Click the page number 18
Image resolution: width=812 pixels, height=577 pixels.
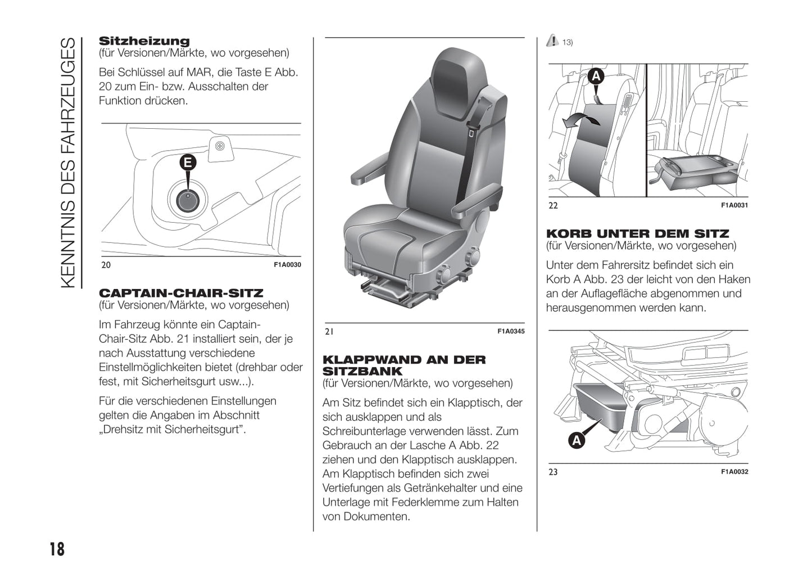click(x=57, y=548)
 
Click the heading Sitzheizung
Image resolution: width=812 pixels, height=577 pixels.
click(x=144, y=41)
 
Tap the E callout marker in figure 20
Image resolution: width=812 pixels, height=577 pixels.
click(x=188, y=163)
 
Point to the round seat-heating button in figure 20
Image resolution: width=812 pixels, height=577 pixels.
click(x=188, y=199)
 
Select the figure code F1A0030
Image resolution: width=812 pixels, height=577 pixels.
click(x=287, y=265)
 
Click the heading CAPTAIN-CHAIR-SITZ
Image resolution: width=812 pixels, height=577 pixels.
click(x=181, y=293)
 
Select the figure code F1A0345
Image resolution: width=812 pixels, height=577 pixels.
click(x=510, y=331)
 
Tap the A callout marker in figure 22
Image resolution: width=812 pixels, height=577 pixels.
click(x=596, y=76)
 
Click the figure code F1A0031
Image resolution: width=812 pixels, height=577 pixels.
click(x=734, y=205)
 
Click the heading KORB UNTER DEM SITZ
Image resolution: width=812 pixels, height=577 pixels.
click(x=637, y=233)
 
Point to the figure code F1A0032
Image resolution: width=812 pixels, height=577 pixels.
click(x=734, y=472)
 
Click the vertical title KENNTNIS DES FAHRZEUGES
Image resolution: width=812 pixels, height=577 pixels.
click(x=67, y=163)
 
